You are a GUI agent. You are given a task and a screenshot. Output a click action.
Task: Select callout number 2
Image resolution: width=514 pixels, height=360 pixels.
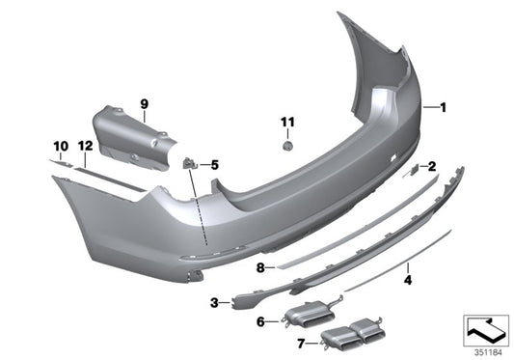point(432,166)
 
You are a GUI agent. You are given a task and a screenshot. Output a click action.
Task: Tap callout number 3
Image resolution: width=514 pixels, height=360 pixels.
point(214,303)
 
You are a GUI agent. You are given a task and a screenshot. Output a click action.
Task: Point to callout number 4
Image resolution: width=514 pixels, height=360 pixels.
point(407,281)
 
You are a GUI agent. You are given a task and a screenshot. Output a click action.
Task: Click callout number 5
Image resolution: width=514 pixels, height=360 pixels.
point(214,165)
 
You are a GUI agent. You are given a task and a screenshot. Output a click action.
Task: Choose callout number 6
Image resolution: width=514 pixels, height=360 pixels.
point(260,321)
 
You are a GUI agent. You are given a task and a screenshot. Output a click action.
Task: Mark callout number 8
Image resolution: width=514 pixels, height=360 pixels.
point(259,266)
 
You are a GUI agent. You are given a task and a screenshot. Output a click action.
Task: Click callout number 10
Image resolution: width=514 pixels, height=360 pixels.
point(59,146)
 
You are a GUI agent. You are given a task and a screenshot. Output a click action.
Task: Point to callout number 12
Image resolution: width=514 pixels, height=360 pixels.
point(84,146)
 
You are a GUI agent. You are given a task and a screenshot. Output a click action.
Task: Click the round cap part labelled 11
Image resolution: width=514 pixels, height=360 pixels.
point(286,144)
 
